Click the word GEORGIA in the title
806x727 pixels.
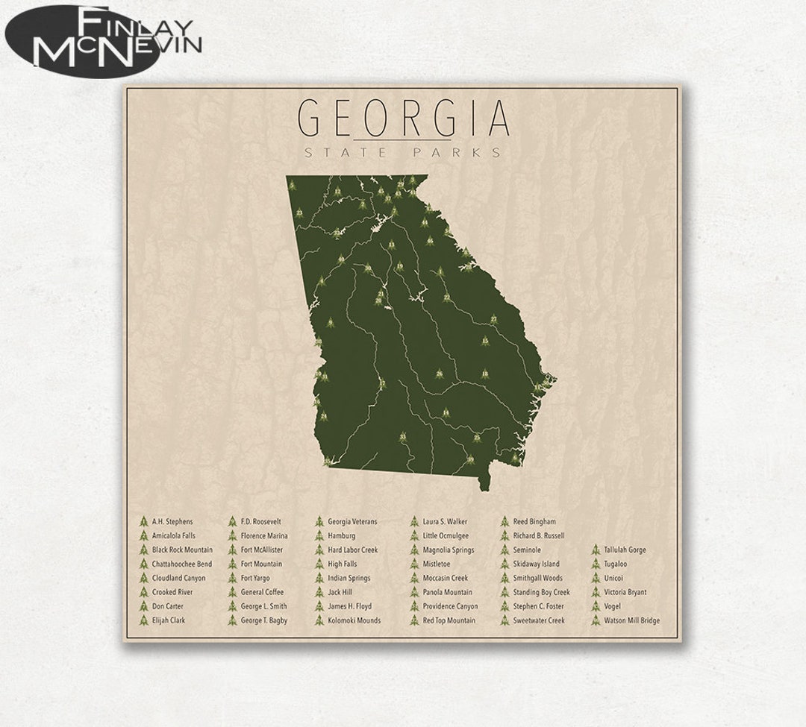click(404, 118)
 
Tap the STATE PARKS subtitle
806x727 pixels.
click(403, 153)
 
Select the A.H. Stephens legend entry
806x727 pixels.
click(172, 521)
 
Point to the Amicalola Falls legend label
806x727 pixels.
click(173, 535)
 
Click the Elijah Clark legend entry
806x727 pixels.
click(169, 620)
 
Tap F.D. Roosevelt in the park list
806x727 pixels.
click(260, 521)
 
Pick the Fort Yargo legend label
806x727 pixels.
click(255, 578)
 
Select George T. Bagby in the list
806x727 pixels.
click(263, 620)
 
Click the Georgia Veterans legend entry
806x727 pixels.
click(352, 521)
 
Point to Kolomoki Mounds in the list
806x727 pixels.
click(354, 620)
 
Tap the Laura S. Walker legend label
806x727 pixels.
click(445, 521)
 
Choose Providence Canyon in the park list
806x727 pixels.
click(450, 606)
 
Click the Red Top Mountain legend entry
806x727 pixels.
click(449, 620)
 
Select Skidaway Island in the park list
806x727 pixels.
click(536, 564)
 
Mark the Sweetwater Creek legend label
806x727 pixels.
click(539, 620)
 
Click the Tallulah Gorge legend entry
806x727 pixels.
click(625, 550)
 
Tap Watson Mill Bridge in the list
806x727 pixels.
click(631, 620)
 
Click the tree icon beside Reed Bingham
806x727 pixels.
click(504, 521)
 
